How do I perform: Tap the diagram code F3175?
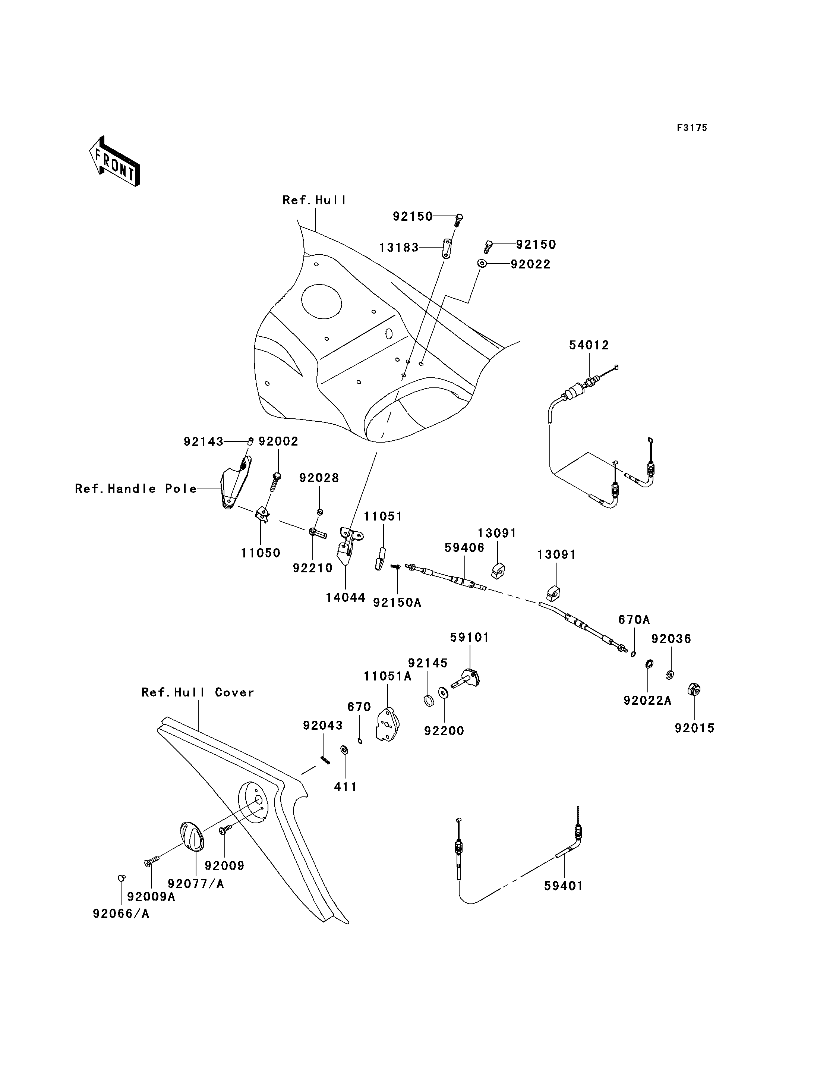pyautogui.click(x=692, y=128)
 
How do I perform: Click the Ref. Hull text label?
pyautogui.click(x=315, y=200)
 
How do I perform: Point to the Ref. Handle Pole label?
pyautogui.click(x=136, y=488)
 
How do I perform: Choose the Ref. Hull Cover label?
pyautogui.click(x=198, y=692)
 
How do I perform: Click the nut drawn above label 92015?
pyautogui.click(x=694, y=689)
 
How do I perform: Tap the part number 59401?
pyautogui.click(x=564, y=886)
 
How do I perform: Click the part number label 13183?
pyautogui.click(x=399, y=248)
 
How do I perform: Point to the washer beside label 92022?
pyautogui.click(x=482, y=263)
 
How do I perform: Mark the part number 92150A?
pyautogui.click(x=397, y=603)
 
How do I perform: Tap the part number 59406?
pyautogui.click(x=464, y=548)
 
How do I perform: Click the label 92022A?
pyautogui.click(x=647, y=700)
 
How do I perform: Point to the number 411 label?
pyautogui.click(x=345, y=787)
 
